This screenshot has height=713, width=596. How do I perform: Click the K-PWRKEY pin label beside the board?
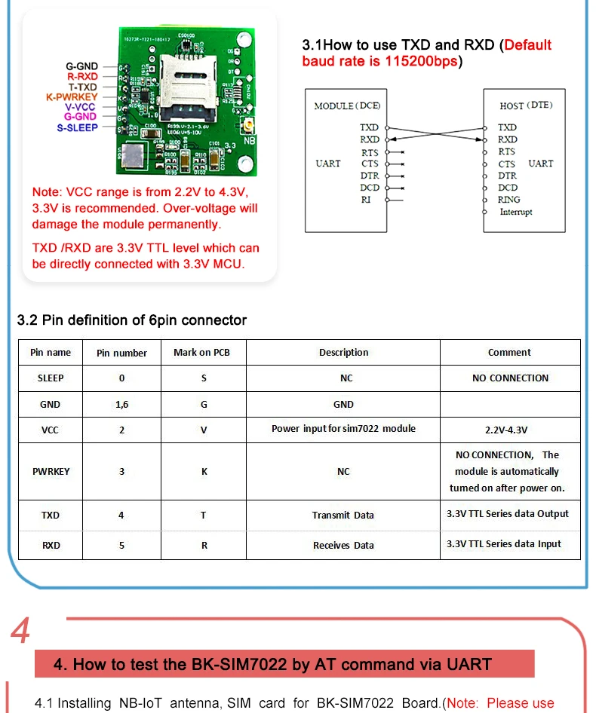pyautogui.click(x=72, y=97)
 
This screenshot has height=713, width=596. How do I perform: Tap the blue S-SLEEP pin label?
pyautogui.click(x=77, y=127)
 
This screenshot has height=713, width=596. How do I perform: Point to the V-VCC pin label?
pyautogui.click(x=80, y=107)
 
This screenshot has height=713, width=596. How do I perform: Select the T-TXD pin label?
pyautogui.click(x=82, y=87)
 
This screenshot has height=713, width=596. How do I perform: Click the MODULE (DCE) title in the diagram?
pyautogui.click(x=347, y=106)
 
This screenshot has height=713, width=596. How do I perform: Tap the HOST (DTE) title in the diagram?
pyautogui.click(x=526, y=106)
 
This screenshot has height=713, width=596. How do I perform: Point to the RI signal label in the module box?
pyautogui.click(x=366, y=200)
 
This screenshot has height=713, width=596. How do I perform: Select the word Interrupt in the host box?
pyautogui.click(x=515, y=212)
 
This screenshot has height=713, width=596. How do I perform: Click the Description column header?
pyautogui.click(x=343, y=353)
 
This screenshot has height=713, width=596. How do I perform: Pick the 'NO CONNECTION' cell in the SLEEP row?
pyautogui.click(x=510, y=378)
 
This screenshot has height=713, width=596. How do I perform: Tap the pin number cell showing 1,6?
pyautogui.click(x=121, y=405)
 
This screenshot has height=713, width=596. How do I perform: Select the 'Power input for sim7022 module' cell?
pyautogui.click(x=343, y=429)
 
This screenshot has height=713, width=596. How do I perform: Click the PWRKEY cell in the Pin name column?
pyautogui.click(x=51, y=472)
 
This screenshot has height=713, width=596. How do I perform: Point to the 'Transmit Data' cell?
pyautogui.click(x=343, y=516)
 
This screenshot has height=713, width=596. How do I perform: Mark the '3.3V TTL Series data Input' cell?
pyautogui.click(x=503, y=544)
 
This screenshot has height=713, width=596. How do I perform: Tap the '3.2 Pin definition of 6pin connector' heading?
pyautogui.click(x=132, y=320)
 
